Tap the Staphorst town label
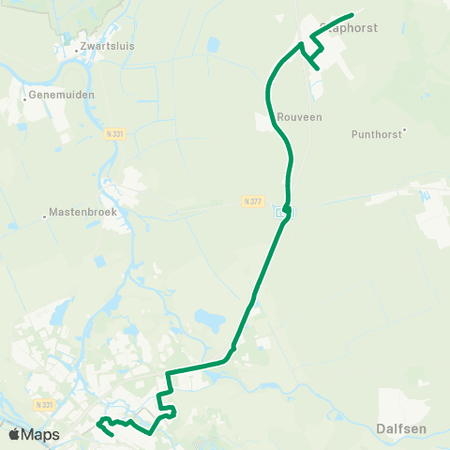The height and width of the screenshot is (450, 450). point(350,28)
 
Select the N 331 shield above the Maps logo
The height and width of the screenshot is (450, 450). point(41,404)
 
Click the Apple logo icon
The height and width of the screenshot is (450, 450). point(15,434)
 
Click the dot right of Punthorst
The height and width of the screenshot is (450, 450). point(405,130)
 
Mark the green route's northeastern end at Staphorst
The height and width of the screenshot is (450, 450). point(352,14)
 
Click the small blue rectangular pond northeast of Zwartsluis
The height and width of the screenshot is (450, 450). point(214,44)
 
